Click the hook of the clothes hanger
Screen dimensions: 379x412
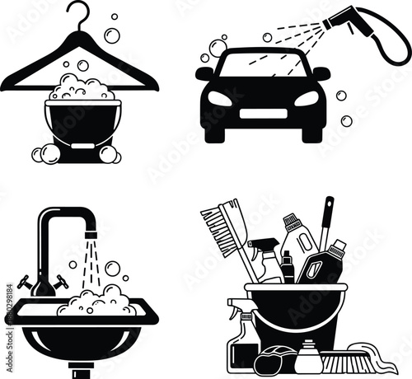click(79, 12)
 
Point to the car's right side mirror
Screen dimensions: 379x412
click(321, 73)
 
